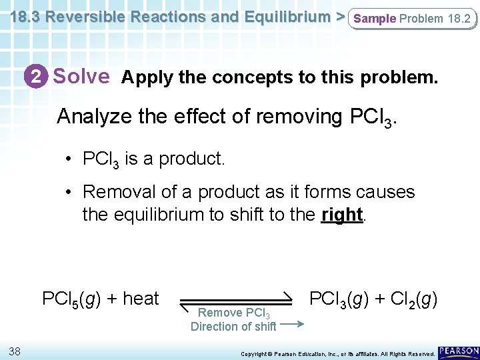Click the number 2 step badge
click(39, 77)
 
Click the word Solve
click(81, 77)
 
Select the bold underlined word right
click(341, 215)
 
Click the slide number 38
click(16, 351)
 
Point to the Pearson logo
click(459, 350)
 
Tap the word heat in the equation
click(140, 299)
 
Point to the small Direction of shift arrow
click(292, 325)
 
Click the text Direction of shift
click(233, 327)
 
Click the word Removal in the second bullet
click(115, 193)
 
